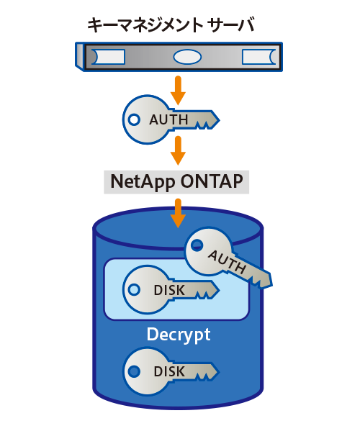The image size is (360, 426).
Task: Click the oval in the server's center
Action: click(186, 56)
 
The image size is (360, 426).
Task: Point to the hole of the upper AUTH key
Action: click(134, 119)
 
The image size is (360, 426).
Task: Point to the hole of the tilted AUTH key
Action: click(197, 247)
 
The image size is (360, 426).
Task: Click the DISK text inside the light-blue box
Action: click(170, 291)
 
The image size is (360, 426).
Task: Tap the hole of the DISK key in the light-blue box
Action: click(134, 290)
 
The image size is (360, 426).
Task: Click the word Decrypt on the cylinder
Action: click(178, 335)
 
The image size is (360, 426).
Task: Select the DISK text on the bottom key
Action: click(170, 371)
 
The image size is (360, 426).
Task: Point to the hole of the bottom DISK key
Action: click(134, 371)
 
